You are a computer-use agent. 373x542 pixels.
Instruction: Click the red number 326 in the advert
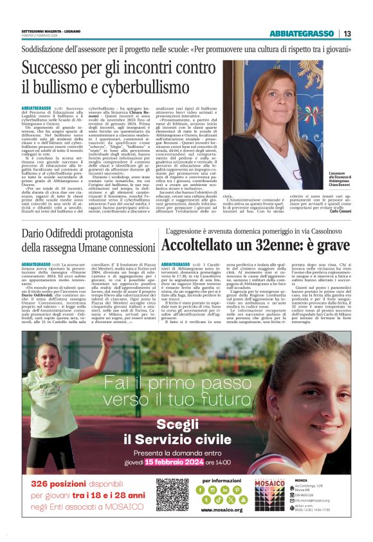40,483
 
